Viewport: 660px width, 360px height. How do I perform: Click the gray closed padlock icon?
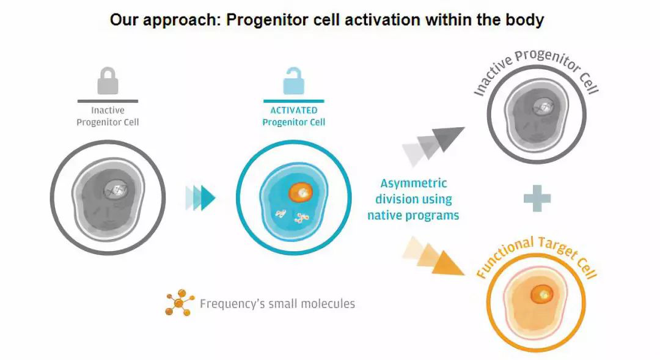(x=108, y=81)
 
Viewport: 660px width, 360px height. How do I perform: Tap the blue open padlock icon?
(x=293, y=81)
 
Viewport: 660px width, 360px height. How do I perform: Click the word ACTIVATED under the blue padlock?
(x=294, y=111)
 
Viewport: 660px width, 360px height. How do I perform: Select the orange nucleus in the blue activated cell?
(x=301, y=191)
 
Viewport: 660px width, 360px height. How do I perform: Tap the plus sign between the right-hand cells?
(x=537, y=199)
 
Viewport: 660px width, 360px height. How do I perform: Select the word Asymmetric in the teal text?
(x=414, y=183)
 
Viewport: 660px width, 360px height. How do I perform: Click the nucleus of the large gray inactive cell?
(x=115, y=190)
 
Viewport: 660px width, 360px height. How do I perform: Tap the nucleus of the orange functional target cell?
(x=540, y=295)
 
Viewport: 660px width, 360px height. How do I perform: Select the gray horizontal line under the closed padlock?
(x=108, y=101)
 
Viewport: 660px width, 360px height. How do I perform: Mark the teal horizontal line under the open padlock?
(x=293, y=101)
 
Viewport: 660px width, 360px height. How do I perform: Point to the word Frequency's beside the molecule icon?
(x=230, y=304)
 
